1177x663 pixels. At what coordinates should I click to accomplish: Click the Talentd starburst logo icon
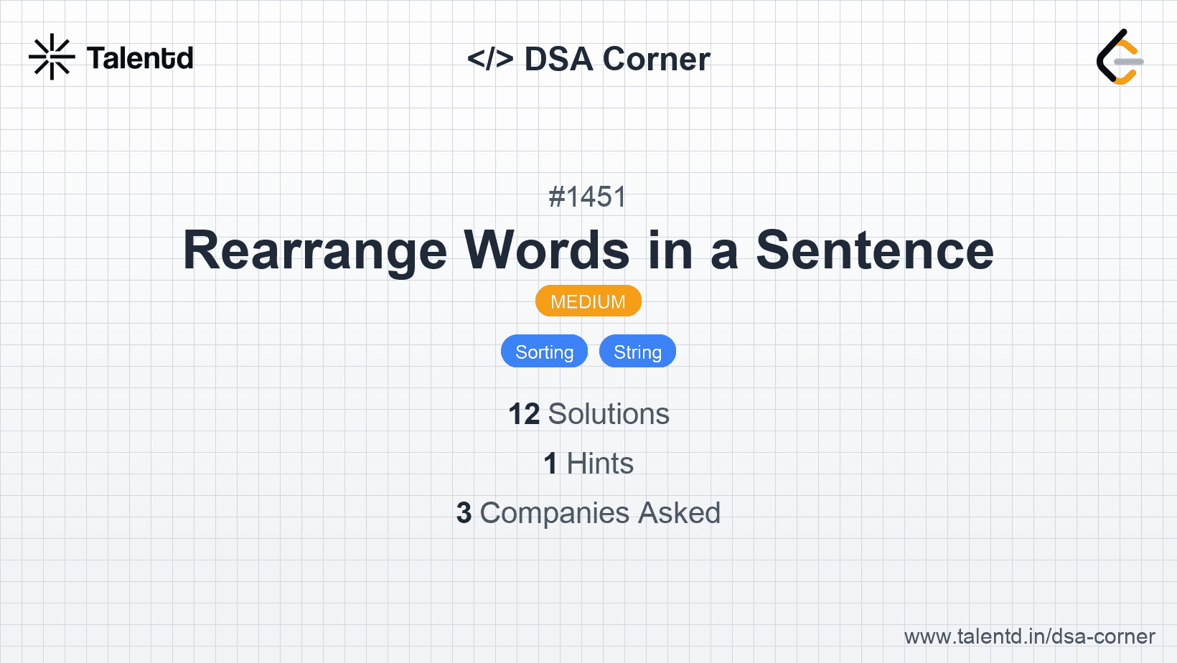pos(52,57)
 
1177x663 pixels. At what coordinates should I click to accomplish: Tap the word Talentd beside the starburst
pos(140,58)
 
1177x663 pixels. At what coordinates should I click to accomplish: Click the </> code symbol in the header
pos(490,59)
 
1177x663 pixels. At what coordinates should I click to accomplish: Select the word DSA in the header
pos(558,59)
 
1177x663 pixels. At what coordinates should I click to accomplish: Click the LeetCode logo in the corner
pos(1120,57)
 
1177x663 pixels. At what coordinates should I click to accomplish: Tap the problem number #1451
pos(588,197)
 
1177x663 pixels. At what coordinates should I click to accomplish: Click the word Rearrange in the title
pos(315,250)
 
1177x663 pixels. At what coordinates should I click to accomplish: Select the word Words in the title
pos(546,250)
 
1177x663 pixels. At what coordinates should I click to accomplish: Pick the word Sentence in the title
pos(875,250)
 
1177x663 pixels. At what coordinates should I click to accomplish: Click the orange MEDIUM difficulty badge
pos(588,301)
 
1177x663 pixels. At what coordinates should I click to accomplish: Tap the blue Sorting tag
pos(544,351)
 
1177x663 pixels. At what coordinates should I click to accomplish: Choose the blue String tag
pos(637,351)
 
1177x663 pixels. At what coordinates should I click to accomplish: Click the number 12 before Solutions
pos(524,414)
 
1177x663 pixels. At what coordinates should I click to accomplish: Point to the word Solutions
pos(609,414)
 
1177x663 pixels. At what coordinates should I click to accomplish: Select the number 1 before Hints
pos(550,464)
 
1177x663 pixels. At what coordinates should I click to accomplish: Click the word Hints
pos(600,464)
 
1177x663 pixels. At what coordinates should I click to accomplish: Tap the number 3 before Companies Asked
pos(464,513)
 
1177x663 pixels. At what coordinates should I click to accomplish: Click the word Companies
pos(554,513)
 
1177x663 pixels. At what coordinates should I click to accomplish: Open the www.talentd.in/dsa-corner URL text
pos(1029,636)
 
